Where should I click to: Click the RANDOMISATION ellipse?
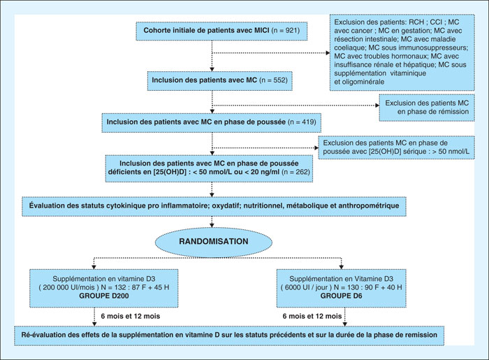click(x=214, y=241)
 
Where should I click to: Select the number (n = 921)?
click(x=286, y=31)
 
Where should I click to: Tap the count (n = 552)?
click(x=274, y=80)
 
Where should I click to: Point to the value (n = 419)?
click(x=302, y=122)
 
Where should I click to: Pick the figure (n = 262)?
click(x=295, y=171)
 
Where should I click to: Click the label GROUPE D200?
click(x=104, y=296)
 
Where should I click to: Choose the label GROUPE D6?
click(x=341, y=296)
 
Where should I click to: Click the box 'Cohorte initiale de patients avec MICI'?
click(x=221, y=31)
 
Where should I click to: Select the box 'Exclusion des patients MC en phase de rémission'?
click(x=427, y=108)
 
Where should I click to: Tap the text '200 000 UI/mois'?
click(x=68, y=287)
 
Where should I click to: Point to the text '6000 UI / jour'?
click(x=306, y=287)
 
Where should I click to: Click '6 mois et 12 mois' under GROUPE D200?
click(x=131, y=317)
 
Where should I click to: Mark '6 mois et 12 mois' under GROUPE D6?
click(x=312, y=317)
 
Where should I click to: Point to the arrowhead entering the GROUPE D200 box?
click(x=94, y=267)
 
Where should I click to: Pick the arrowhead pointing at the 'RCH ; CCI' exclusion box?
click(x=328, y=53)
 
